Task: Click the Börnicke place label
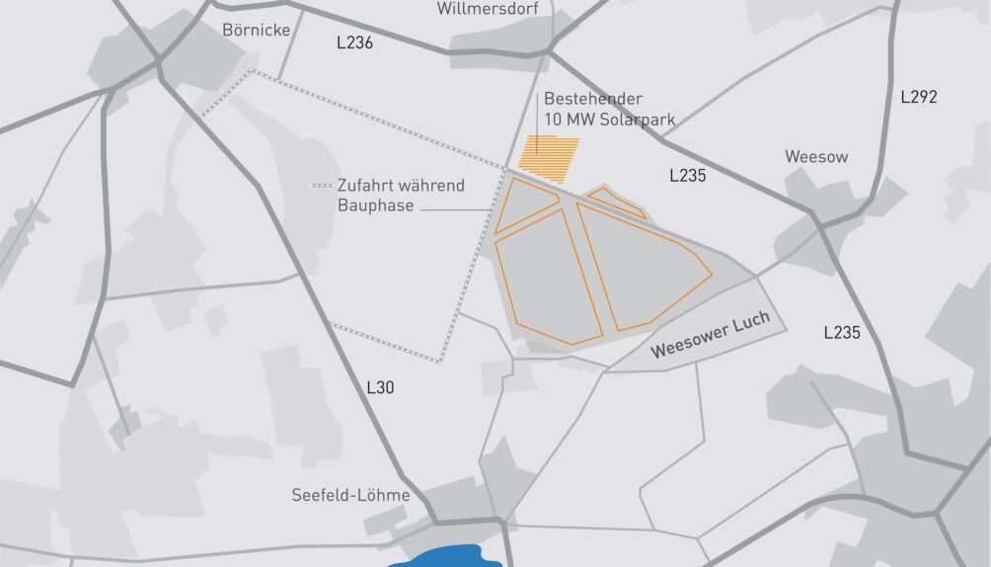pyautogui.click(x=256, y=31)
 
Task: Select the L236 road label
pyautogui.click(x=352, y=43)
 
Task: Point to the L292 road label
pyautogui.click(x=918, y=97)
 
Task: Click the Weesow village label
pyautogui.click(x=816, y=156)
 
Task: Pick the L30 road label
pyautogui.click(x=380, y=387)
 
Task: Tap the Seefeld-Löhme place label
pyautogui.click(x=350, y=495)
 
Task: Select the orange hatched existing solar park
pyautogui.click(x=552, y=158)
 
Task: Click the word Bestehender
pyautogui.click(x=593, y=99)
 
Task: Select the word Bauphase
pyautogui.click(x=375, y=205)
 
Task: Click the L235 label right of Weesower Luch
pyautogui.click(x=841, y=333)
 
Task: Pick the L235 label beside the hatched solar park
pyautogui.click(x=687, y=176)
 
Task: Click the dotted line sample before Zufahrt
pyautogui.click(x=321, y=186)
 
